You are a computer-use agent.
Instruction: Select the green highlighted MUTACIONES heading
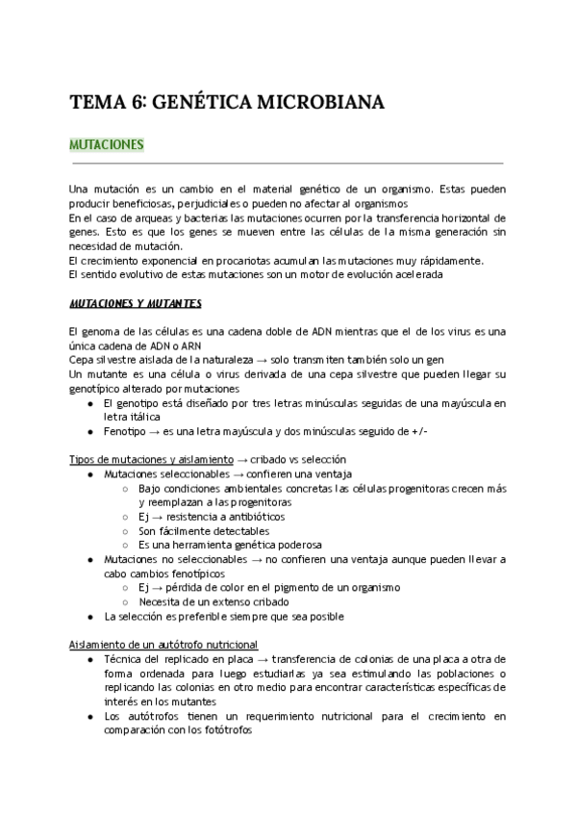pos(107,145)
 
